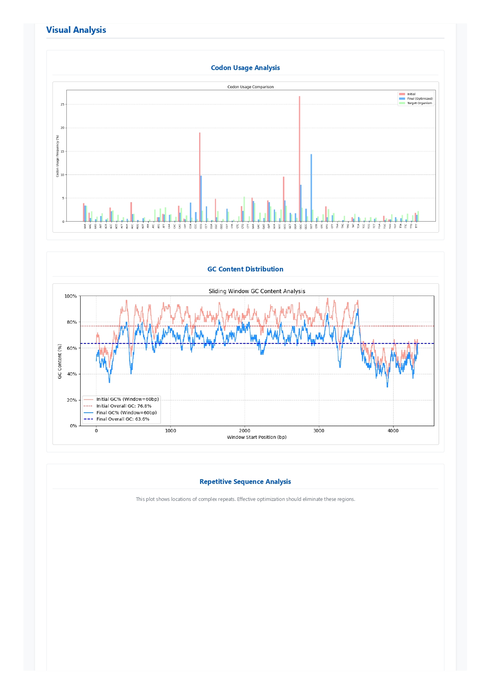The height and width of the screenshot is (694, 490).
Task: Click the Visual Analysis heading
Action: (76, 30)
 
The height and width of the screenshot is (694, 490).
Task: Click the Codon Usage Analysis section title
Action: (245, 68)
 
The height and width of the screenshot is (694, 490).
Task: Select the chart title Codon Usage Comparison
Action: (250, 87)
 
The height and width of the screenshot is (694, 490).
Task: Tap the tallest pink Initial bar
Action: (300, 158)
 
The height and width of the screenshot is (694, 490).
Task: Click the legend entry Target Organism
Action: (419, 103)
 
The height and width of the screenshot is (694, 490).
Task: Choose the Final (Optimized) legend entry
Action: (420, 99)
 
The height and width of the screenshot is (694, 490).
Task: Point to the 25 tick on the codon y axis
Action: (62, 104)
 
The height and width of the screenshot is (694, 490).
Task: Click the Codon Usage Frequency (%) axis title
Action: (57, 156)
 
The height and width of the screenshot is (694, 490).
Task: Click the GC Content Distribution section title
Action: (245, 269)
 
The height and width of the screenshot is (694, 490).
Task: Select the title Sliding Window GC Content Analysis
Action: (257, 291)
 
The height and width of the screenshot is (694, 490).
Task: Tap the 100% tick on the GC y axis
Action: (71, 296)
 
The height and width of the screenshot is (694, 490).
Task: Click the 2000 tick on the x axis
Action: (245, 431)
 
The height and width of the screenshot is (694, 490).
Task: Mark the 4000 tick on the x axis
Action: (393, 431)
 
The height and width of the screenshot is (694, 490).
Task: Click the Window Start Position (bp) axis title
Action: (257, 437)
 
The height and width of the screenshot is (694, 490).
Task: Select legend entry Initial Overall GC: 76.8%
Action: (123, 406)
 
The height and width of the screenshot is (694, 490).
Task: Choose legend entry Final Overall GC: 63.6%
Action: (122, 419)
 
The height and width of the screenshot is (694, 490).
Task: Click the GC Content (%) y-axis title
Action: (60, 361)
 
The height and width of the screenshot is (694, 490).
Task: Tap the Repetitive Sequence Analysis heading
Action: (245, 482)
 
